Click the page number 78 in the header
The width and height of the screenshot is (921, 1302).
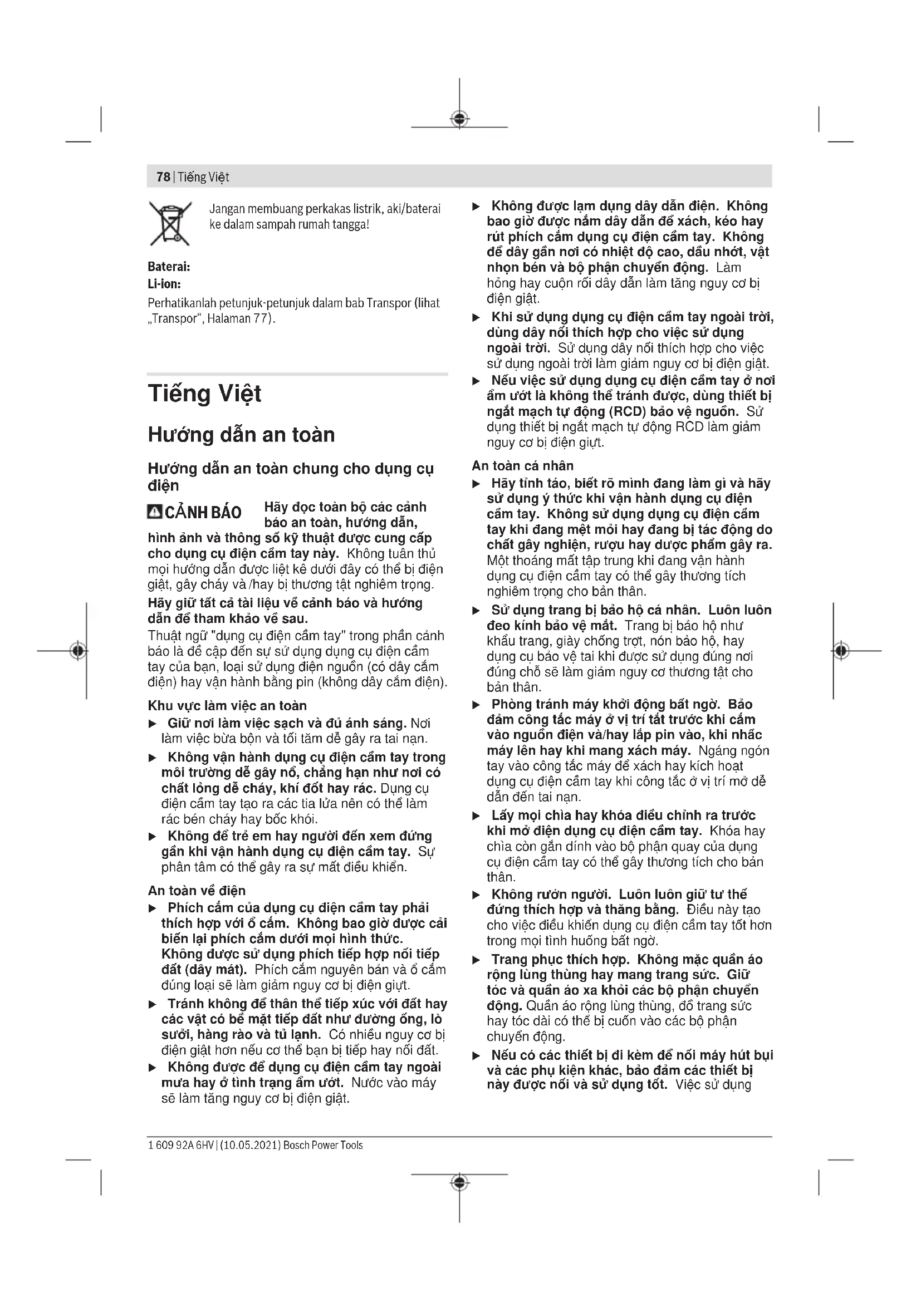(163, 177)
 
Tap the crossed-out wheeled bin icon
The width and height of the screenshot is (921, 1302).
(170, 223)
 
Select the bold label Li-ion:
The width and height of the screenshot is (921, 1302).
(164, 284)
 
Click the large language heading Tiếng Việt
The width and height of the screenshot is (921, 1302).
(205, 394)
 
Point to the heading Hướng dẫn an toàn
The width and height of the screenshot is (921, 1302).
(242, 435)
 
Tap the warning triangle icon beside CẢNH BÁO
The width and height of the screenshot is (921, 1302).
(154, 512)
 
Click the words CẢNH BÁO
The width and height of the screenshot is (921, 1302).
(203, 513)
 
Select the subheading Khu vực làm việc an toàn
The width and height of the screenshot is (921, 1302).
(227, 705)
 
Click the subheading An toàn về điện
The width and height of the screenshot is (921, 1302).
(197, 890)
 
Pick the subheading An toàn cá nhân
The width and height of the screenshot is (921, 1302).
(523, 465)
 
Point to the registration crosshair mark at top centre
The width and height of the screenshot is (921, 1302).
(460, 119)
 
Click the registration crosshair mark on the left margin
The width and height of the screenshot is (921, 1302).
(79, 650)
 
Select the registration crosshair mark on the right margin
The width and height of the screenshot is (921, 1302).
(841, 650)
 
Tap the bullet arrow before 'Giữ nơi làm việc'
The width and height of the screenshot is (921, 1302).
(153, 724)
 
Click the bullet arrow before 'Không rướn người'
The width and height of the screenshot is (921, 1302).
(477, 895)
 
